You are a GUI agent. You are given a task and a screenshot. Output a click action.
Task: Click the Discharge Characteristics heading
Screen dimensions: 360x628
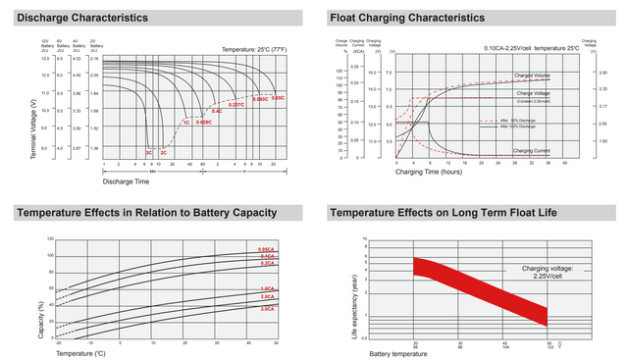[x=83, y=18]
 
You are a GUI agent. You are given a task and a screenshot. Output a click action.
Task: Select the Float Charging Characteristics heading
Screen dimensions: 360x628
[x=407, y=18]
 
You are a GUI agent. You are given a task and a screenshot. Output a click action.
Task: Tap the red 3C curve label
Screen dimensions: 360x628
[x=149, y=153]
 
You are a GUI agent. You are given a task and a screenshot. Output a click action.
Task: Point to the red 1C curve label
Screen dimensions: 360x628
[x=184, y=123]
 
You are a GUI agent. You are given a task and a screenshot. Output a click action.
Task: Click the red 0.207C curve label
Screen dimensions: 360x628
[x=235, y=104]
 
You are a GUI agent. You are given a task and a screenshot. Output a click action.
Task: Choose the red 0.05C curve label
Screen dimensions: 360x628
[x=278, y=98]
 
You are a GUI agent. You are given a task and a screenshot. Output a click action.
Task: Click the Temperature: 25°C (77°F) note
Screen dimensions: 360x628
[x=252, y=48]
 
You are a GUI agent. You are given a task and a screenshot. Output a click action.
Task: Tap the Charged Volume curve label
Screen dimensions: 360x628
[x=534, y=77]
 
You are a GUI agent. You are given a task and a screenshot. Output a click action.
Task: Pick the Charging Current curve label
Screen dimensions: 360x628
[x=535, y=150]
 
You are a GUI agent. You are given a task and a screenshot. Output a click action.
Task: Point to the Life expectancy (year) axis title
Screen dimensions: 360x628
[x=355, y=287]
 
